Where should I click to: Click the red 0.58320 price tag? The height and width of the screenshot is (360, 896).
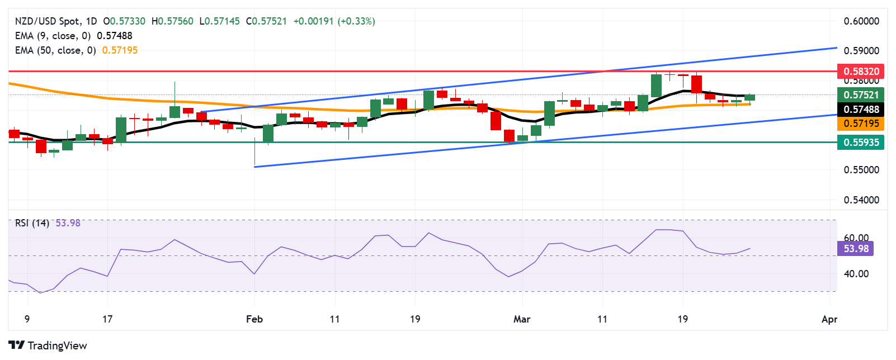[x=861, y=72]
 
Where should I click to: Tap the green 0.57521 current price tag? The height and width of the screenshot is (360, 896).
[x=861, y=95]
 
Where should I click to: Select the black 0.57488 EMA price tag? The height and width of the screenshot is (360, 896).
[x=861, y=110]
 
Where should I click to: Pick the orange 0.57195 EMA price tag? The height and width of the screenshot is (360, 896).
[x=861, y=124]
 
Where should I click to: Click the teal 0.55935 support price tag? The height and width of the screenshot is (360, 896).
[x=861, y=143]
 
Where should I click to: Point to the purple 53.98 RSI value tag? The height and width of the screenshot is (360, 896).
[x=856, y=249]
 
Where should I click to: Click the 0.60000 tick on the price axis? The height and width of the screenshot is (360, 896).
[x=861, y=21]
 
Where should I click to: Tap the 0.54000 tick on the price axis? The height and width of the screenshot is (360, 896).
[x=861, y=200]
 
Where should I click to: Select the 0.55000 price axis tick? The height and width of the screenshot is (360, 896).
[x=861, y=170]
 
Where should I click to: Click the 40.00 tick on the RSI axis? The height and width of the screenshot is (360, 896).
[x=856, y=274]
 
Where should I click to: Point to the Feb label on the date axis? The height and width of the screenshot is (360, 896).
[x=254, y=319]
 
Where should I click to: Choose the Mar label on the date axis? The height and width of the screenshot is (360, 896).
[x=522, y=319]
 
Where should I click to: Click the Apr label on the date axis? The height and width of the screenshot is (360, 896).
[x=829, y=319]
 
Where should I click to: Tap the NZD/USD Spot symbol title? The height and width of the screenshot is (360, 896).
[x=47, y=21]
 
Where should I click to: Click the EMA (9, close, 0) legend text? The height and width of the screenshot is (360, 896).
[x=53, y=36]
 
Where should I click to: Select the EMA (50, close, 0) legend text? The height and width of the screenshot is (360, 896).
[x=55, y=50]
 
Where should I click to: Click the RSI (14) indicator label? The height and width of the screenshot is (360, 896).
[x=32, y=223]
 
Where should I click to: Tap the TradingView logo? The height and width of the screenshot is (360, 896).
[x=48, y=345]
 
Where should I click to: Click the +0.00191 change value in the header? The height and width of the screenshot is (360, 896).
[x=313, y=21]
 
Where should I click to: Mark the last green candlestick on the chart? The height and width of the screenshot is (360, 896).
[x=749, y=97]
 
